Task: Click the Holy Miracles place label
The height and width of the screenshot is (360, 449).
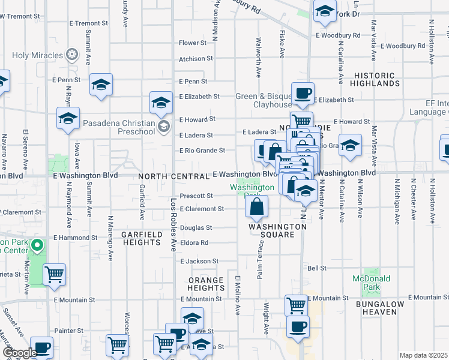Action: pyautogui.click(x=37, y=56)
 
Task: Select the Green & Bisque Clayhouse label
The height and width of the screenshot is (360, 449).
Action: pyautogui.click(x=264, y=100)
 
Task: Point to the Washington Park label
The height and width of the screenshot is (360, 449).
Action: pyautogui.click(x=253, y=188)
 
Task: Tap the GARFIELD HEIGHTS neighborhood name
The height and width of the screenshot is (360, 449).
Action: pyautogui.click(x=142, y=238)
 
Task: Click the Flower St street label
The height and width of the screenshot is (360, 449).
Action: pyautogui.click(x=192, y=43)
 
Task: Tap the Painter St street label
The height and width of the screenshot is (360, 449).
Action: pyautogui.click(x=68, y=331)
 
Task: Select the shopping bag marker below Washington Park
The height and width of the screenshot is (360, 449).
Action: pyautogui.click(x=256, y=207)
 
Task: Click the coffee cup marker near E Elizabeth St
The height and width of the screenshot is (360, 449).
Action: pyautogui.click(x=303, y=94)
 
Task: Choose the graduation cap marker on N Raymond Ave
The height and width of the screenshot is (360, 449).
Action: pyautogui.click(x=68, y=119)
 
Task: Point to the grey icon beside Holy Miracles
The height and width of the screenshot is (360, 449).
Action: pyautogui.click(x=72, y=56)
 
